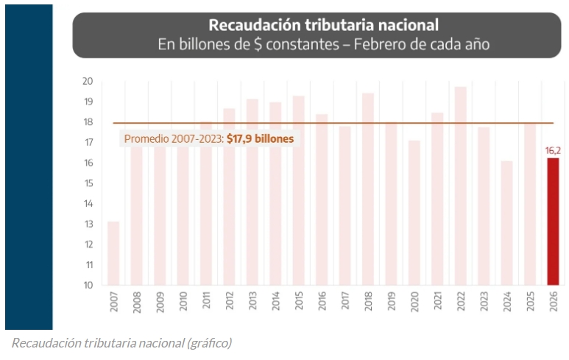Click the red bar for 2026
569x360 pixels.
pos(553,221)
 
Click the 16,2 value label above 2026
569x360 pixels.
pos(553,151)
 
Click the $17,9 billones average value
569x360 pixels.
pos(260,138)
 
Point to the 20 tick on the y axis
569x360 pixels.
pos(87,81)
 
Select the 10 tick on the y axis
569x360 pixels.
pos(87,285)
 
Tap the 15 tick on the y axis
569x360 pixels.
pos(87,183)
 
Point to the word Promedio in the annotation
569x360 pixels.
pos(148,138)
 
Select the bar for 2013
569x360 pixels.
pos(252,191)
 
